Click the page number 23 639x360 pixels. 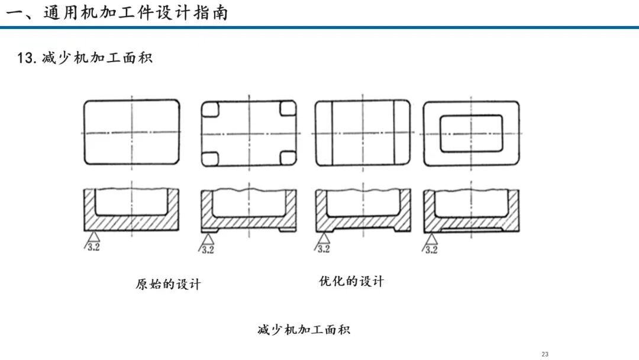click(545, 354)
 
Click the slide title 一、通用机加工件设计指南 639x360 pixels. click(117, 13)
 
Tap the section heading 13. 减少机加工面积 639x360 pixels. click(85, 58)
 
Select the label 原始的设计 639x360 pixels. click(168, 284)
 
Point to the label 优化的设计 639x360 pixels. click(351, 281)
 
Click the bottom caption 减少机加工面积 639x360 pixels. click(304, 329)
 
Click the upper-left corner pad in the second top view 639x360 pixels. click(210, 109)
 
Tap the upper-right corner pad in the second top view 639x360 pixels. click(288, 108)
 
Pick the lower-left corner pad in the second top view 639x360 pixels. click(210, 159)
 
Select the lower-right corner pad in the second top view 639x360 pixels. click(288, 157)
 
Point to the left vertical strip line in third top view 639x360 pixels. click(332, 133)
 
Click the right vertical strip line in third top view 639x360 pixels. click(394, 133)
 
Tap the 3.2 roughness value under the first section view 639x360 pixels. click(93, 247)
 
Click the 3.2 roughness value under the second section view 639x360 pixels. click(208, 249)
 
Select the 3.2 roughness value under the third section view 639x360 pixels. click(324, 249)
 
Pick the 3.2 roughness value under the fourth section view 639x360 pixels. click(431, 249)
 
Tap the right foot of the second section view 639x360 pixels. click(288, 230)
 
